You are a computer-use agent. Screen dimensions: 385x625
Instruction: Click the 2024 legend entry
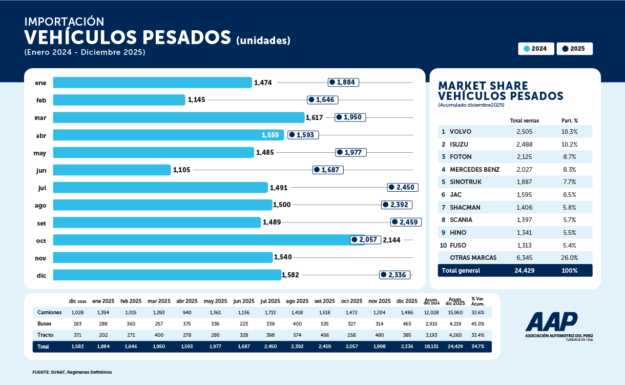(536, 49)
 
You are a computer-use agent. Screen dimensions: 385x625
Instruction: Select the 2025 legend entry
(574, 49)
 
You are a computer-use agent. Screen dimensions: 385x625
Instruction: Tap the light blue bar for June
(112, 170)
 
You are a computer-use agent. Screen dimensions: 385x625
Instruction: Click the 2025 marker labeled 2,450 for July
(403, 188)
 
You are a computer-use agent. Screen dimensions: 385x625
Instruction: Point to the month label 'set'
(41, 222)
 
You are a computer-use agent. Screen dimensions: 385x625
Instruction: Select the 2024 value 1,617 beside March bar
(314, 117)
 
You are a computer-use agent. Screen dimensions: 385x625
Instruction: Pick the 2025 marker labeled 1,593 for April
(303, 135)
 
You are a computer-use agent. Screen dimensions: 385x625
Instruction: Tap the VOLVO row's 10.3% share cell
(569, 132)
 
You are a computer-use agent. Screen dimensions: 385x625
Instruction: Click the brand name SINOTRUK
(465, 182)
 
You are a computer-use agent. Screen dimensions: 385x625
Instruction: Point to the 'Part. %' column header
(569, 121)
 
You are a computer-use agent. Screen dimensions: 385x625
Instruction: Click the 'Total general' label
(461, 271)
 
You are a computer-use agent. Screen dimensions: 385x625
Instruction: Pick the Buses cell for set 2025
(325, 323)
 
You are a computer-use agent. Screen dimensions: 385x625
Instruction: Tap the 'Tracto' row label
(45, 335)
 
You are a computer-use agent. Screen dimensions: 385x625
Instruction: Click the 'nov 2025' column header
(380, 301)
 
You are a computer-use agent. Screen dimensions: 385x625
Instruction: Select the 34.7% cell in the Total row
(477, 347)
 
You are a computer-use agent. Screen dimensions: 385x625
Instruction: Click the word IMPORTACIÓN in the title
(64, 22)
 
